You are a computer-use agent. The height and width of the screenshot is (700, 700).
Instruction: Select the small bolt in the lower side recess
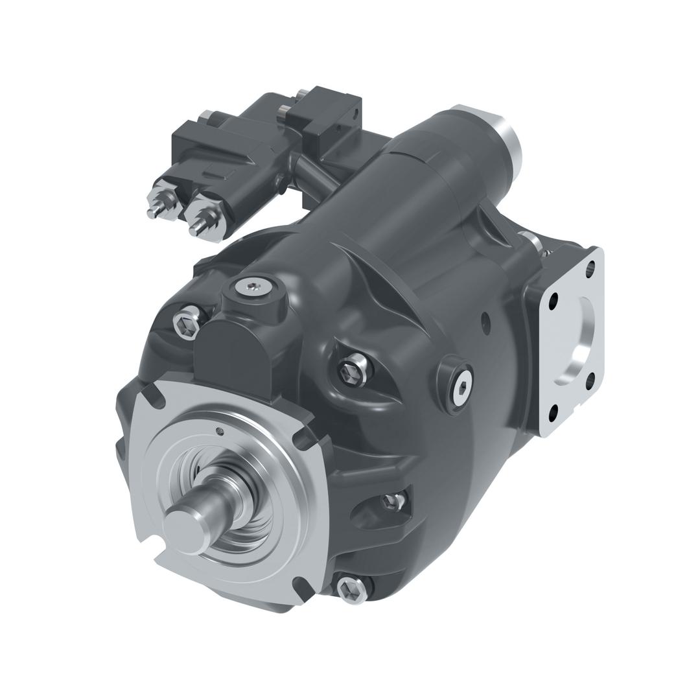click(x=391, y=501)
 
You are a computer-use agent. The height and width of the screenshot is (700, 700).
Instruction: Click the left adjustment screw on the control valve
click(x=156, y=211)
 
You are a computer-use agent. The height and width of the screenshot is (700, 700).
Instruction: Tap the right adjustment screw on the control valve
click(x=194, y=227)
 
